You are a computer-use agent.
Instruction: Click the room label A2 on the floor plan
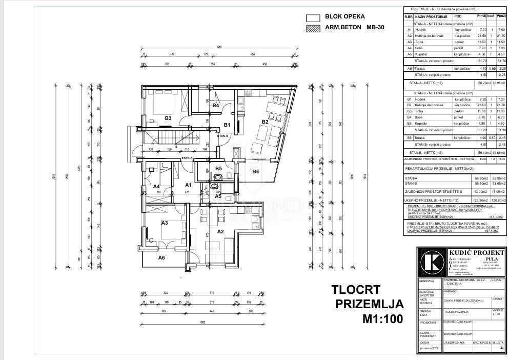pos(221,231)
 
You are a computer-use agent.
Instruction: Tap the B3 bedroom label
pos(168,118)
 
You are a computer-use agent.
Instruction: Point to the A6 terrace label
pos(161,258)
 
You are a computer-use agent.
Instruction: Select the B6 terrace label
pos(256,171)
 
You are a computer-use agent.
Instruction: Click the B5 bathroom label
pos(218,168)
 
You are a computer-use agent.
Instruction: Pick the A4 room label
pos(156,187)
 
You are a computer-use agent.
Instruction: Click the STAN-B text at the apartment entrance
pos(222,136)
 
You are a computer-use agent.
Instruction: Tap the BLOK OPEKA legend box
pos(313,17)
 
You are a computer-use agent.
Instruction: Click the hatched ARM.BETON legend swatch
pos(313,29)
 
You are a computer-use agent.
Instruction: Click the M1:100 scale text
pos(382,319)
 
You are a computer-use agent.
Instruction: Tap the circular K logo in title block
pos(432,262)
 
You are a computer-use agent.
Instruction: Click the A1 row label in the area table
pos(409,30)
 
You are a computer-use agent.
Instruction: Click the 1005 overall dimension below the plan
pos(202,322)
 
